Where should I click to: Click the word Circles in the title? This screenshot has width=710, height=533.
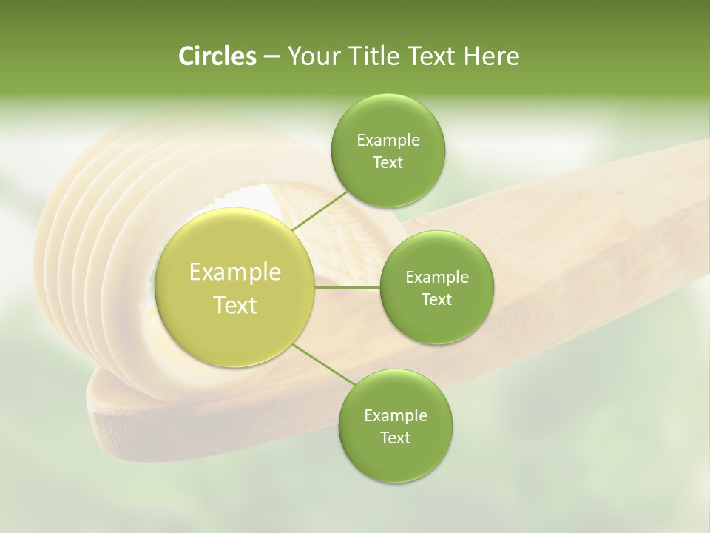coord(217,56)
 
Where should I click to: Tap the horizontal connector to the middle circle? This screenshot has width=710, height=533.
coord(348,287)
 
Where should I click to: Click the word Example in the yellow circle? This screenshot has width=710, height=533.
coord(235,272)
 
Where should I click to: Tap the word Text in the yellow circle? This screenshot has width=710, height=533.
coord(235,305)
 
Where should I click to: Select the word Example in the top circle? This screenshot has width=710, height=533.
coord(388,141)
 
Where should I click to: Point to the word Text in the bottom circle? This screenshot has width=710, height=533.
coord(395,438)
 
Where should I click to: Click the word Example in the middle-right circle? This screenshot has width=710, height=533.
coord(437,278)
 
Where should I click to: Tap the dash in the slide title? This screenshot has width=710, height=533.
coord(271,56)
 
